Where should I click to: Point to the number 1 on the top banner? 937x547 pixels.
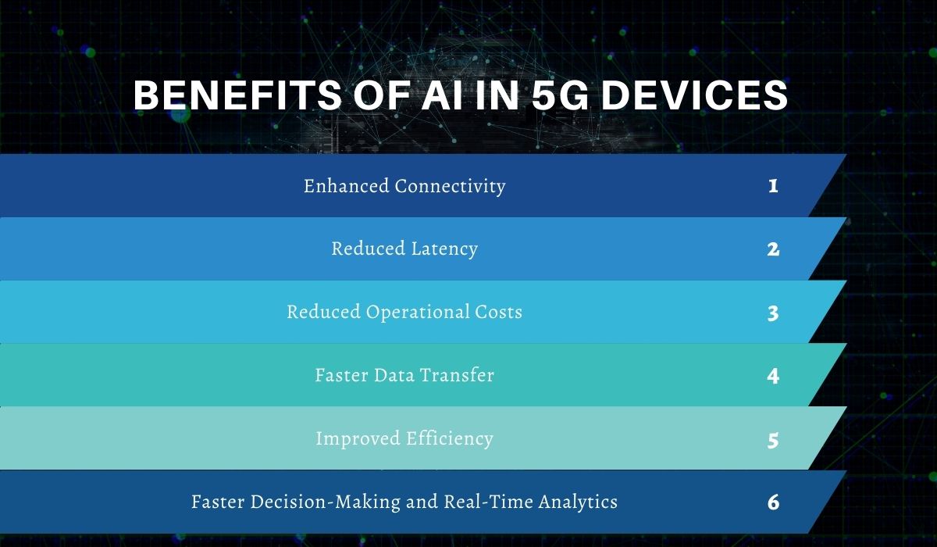point(773,187)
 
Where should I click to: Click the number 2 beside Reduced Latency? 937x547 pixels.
point(773,249)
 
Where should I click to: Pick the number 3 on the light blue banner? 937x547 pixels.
point(773,313)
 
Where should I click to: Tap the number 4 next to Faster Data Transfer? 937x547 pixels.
point(773,376)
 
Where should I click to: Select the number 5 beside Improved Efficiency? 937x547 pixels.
point(773,439)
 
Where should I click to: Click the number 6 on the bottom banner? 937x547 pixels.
point(773,502)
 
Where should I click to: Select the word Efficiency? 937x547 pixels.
point(448,438)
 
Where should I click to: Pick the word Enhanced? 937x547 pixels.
point(345,187)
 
